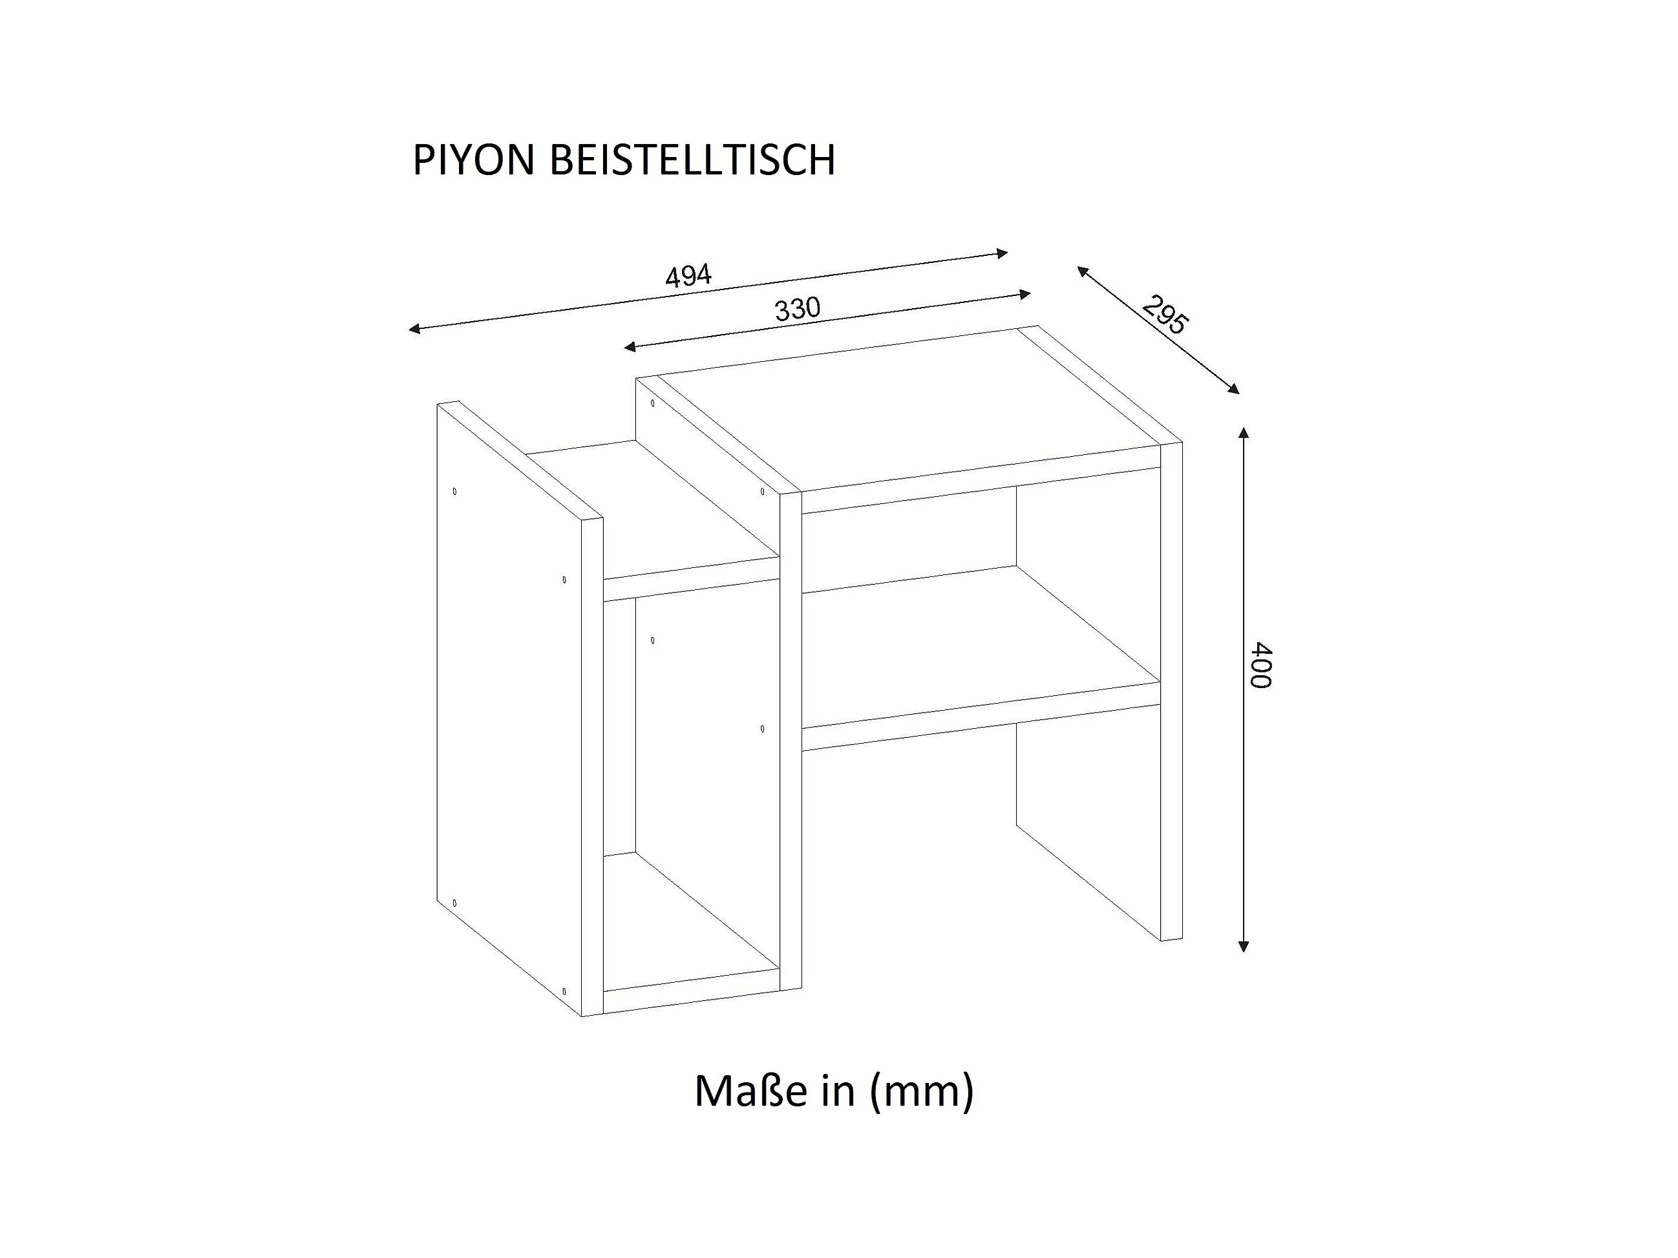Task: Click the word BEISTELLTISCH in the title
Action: point(692,160)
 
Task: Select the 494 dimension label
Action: point(688,276)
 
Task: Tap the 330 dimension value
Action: point(797,309)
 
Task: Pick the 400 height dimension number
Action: point(1260,665)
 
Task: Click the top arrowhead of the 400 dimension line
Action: point(1242,432)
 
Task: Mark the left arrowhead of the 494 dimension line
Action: point(414,328)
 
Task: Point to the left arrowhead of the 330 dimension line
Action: point(629,348)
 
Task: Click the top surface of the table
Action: point(910,410)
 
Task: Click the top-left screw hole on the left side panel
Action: point(454,491)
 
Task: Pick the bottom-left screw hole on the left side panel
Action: point(454,903)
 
